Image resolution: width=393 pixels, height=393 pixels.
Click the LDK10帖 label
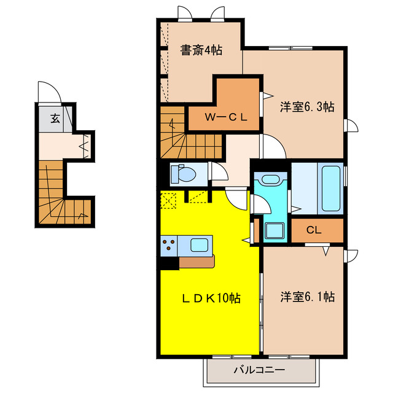click(209, 298)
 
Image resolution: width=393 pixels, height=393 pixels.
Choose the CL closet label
click(314, 231)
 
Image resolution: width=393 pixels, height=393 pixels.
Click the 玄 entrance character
click(55, 119)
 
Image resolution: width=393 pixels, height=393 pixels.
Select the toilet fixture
click(182, 174)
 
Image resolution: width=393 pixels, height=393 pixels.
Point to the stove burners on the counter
click(168, 245)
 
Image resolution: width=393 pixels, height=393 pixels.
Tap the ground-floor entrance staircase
click(58, 196)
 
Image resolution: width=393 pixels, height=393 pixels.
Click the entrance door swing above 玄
click(49, 93)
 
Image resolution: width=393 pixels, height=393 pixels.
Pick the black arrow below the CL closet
click(326, 251)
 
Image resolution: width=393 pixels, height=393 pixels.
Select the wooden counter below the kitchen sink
click(196, 261)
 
